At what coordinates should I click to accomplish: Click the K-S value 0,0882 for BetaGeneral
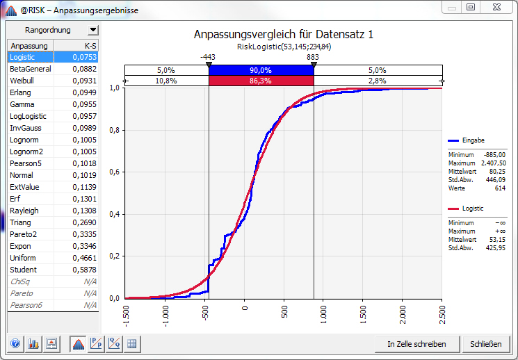[85, 69]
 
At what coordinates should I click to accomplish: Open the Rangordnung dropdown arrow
[93, 30]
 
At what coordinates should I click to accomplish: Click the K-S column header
[90, 46]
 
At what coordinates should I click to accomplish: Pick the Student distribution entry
[23, 270]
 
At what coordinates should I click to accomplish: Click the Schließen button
[485, 344]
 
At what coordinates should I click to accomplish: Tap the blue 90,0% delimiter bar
[261, 70]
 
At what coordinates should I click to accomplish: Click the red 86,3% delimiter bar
[261, 81]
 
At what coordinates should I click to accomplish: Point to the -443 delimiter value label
[208, 57]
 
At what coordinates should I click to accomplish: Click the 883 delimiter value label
[312, 57]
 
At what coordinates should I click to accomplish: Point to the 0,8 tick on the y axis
[114, 130]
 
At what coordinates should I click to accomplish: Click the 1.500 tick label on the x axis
[363, 314]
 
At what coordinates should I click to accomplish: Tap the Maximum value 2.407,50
[493, 163]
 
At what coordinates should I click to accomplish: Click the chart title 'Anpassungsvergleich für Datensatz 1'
[284, 34]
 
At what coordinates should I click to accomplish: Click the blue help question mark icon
[15, 344]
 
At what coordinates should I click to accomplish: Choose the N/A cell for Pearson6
[90, 305]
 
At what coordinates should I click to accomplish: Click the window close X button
[496, 7]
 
